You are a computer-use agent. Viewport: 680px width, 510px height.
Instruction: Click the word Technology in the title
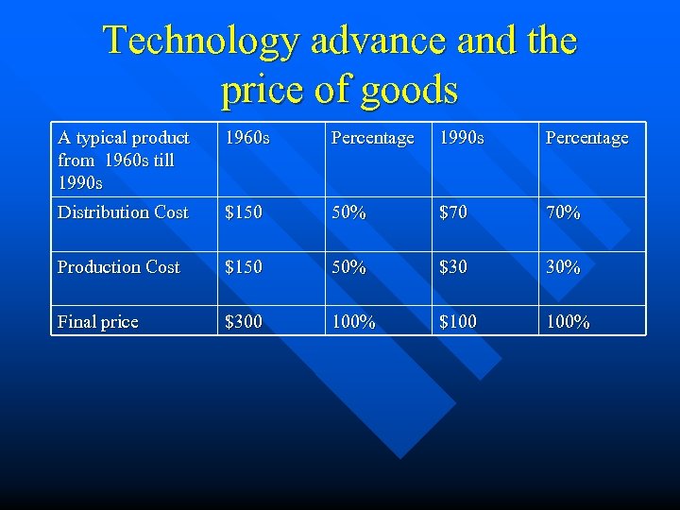(199, 41)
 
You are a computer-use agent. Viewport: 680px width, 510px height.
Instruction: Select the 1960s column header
(246, 138)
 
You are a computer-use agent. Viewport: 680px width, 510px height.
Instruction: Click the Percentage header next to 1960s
(372, 138)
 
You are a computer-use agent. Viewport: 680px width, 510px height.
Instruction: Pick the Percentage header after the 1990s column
(586, 138)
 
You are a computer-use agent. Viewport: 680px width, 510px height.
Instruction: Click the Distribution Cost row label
(123, 212)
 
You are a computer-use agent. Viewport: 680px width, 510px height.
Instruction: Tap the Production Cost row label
(118, 267)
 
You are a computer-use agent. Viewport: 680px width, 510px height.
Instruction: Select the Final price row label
(97, 322)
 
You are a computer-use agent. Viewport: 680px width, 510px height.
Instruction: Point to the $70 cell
(453, 212)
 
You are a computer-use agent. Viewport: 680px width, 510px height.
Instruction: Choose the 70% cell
(563, 212)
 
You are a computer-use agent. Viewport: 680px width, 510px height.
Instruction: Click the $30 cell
(453, 267)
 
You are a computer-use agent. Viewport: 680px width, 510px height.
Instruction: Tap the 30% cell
(563, 267)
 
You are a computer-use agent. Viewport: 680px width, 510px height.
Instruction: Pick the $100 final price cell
(458, 322)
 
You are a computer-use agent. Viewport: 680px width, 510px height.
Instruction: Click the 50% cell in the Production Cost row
(348, 267)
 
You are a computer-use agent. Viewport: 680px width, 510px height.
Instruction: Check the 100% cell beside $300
(353, 322)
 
